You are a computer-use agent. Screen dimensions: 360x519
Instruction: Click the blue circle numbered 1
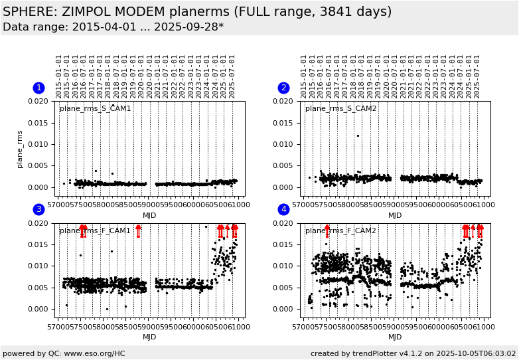click(38, 88)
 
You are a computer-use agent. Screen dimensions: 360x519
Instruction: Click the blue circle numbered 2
click(283, 88)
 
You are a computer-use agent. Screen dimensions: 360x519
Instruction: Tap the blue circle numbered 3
click(38, 209)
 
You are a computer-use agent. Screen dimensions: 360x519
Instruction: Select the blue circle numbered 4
click(283, 209)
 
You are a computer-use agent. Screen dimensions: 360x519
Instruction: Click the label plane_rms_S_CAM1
click(95, 109)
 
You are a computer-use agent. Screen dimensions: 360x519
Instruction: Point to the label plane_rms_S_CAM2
click(340, 109)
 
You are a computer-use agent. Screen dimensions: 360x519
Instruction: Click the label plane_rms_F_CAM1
click(95, 231)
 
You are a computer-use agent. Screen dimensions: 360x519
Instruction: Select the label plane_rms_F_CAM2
click(340, 231)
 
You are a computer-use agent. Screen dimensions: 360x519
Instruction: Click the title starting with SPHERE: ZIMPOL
click(197, 12)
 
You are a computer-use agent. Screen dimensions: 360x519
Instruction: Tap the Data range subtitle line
click(113, 27)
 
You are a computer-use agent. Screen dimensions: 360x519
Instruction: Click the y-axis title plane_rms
click(21, 149)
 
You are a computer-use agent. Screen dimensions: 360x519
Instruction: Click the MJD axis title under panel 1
click(149, 215)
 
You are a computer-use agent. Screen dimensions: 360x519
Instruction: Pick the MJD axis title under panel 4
click(395, 337)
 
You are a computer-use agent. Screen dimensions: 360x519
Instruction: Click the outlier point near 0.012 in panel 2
click(358, 136)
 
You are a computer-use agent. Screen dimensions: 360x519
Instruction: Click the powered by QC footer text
click(64, 353)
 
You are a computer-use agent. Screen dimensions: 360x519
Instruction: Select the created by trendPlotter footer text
click(413, 353)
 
